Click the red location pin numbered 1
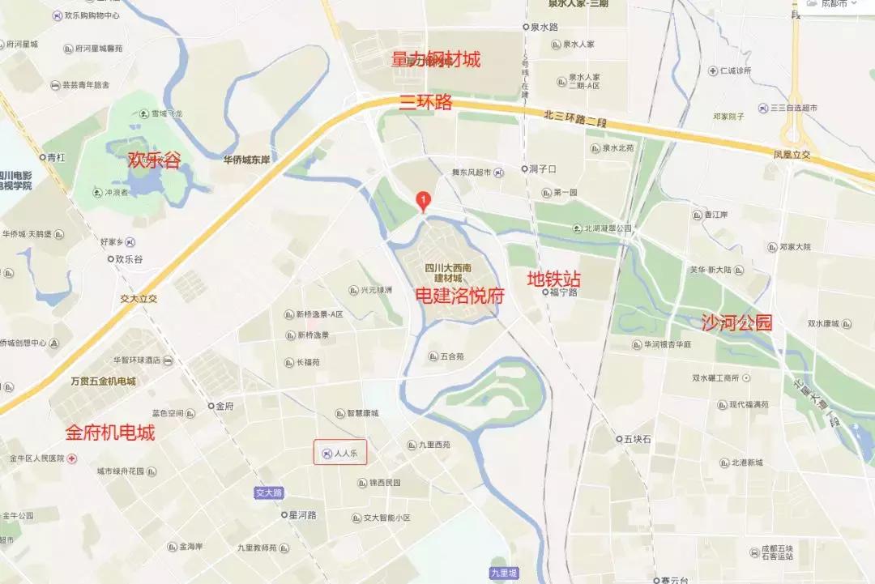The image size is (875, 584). (421, 201)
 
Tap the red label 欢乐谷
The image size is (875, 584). (154, 160)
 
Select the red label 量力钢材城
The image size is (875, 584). (436, 59)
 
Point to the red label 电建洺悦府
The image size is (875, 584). (459, 296)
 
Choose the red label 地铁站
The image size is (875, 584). (554, 279)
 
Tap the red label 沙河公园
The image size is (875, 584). (736, 322)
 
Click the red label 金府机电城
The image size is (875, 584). (110, 433)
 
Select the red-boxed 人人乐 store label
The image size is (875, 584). (340, 453)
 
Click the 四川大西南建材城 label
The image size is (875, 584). (448, 273)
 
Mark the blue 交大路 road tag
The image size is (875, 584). (268, 492)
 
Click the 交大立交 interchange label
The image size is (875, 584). (139, 298)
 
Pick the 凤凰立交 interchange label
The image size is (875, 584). (792, 152)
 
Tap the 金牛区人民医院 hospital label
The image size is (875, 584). (37, 458)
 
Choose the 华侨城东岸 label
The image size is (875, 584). (246, 160)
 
